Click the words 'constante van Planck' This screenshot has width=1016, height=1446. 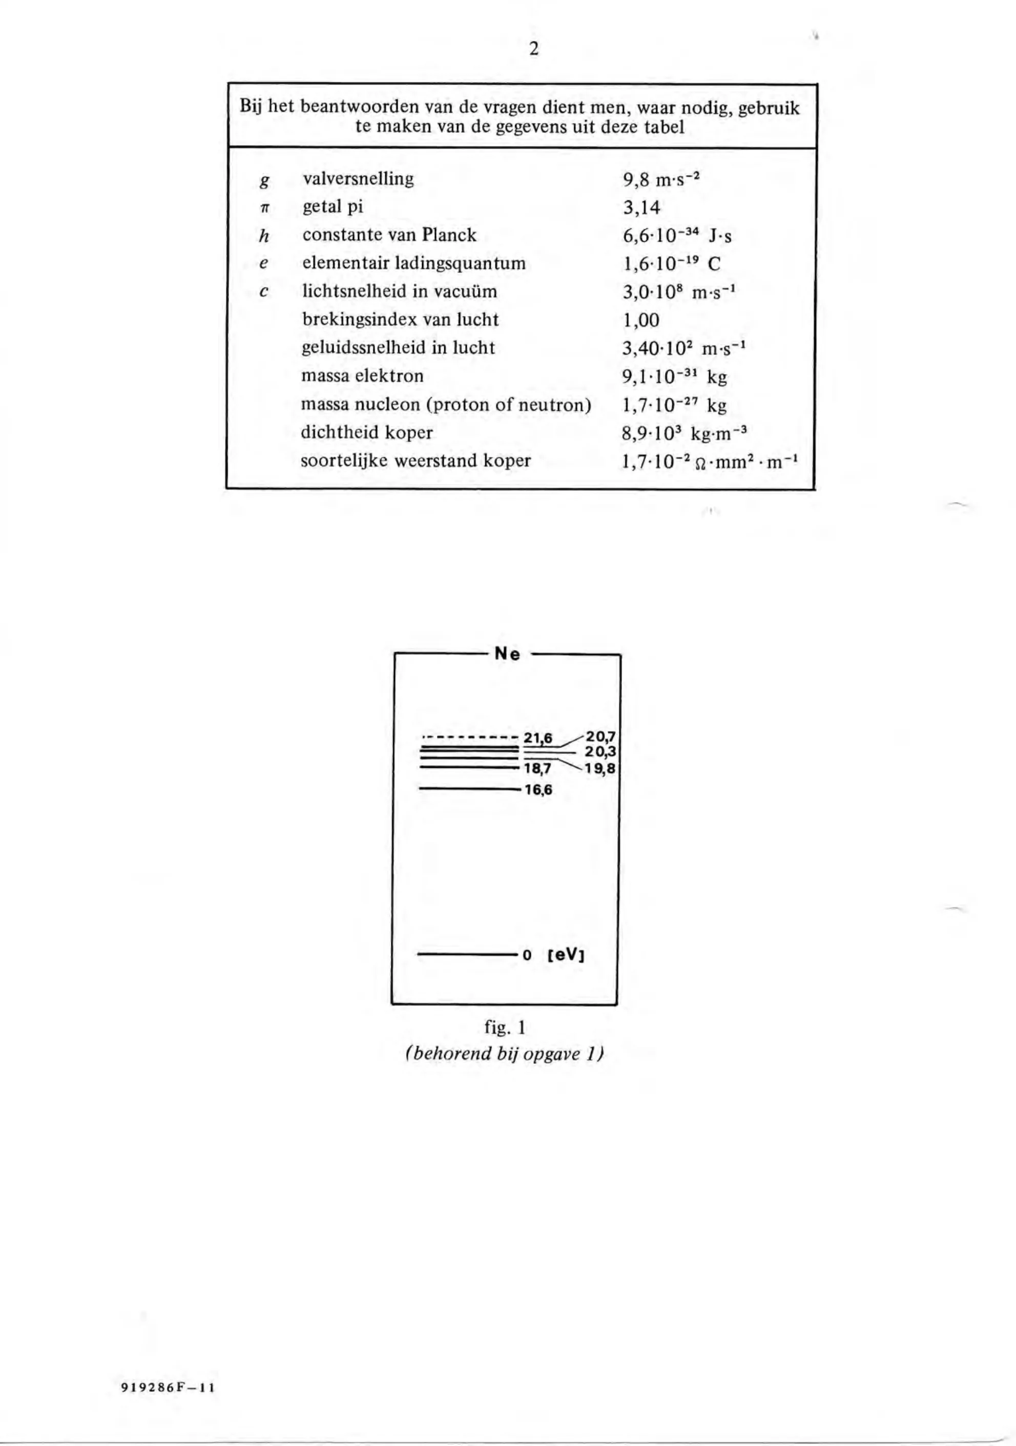point(389,235)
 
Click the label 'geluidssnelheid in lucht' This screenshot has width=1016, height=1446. point(399,348)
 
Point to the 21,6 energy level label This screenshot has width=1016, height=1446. point(538,738)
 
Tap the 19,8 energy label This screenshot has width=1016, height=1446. point(601,768)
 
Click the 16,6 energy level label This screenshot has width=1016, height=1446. point(538,790)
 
